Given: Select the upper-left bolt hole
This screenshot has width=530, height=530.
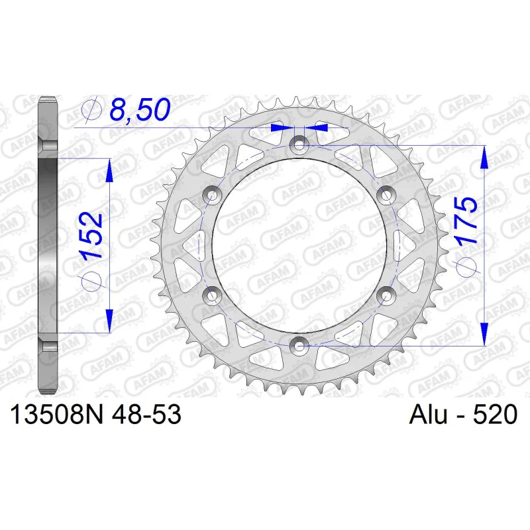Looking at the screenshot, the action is point(212,195).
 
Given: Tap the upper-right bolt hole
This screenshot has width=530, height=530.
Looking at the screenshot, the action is point(386,195).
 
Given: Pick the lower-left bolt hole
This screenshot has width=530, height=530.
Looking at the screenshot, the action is point(212,295).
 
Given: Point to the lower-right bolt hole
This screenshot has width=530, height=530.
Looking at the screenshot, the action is point(386,295).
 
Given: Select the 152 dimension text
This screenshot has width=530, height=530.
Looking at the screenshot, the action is point(91,236).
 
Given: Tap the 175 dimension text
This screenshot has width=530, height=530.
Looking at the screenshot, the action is point(466,221).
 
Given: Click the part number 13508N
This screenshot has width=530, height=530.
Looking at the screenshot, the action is point(57,415).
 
